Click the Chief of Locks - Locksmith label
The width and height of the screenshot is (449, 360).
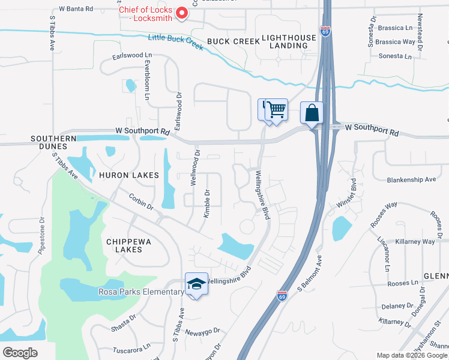coord(146,14)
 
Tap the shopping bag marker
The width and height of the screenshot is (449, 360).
coord(312,113)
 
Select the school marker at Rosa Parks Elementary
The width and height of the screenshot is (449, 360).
coord(196,284)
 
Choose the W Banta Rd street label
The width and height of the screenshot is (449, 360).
coord(76,9)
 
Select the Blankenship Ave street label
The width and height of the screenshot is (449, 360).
coord(411,179)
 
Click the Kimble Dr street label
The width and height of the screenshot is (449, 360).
coord(207,203)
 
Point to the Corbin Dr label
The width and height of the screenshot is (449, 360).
coord(142,201)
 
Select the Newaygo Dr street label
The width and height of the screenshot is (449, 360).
coord(203,331)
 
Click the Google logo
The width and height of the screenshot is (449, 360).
coord(20,352)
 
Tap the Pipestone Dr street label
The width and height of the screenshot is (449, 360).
coord(42,236)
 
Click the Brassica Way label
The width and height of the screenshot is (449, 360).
coord(396,42)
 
